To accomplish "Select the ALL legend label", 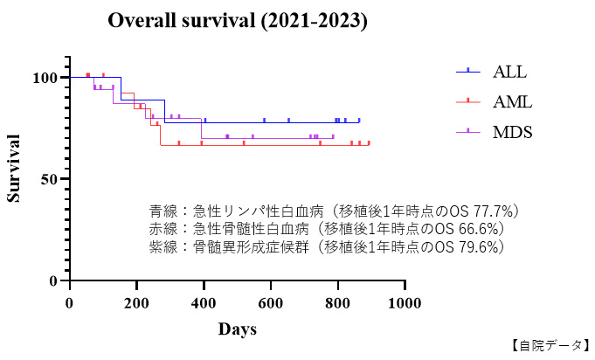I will pos(509,72).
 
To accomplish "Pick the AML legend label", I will pos(512,102).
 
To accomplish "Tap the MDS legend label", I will pos(512,132).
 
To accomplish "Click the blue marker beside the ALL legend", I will pos(468,72).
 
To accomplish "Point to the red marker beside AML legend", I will pos(468,102).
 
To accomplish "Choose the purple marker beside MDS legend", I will pos(468,132).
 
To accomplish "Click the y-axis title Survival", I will pos(14,168).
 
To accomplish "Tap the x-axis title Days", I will pos(237,329).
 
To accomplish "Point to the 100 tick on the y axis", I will pos(45,78).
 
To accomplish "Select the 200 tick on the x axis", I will pos(136,302).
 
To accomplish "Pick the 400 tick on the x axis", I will pos(204,302).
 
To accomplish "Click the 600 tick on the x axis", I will pos(271,302).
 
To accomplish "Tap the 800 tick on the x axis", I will pos(337,302).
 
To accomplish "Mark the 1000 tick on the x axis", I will pos(405,302).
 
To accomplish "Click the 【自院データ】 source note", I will pos(549,346).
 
